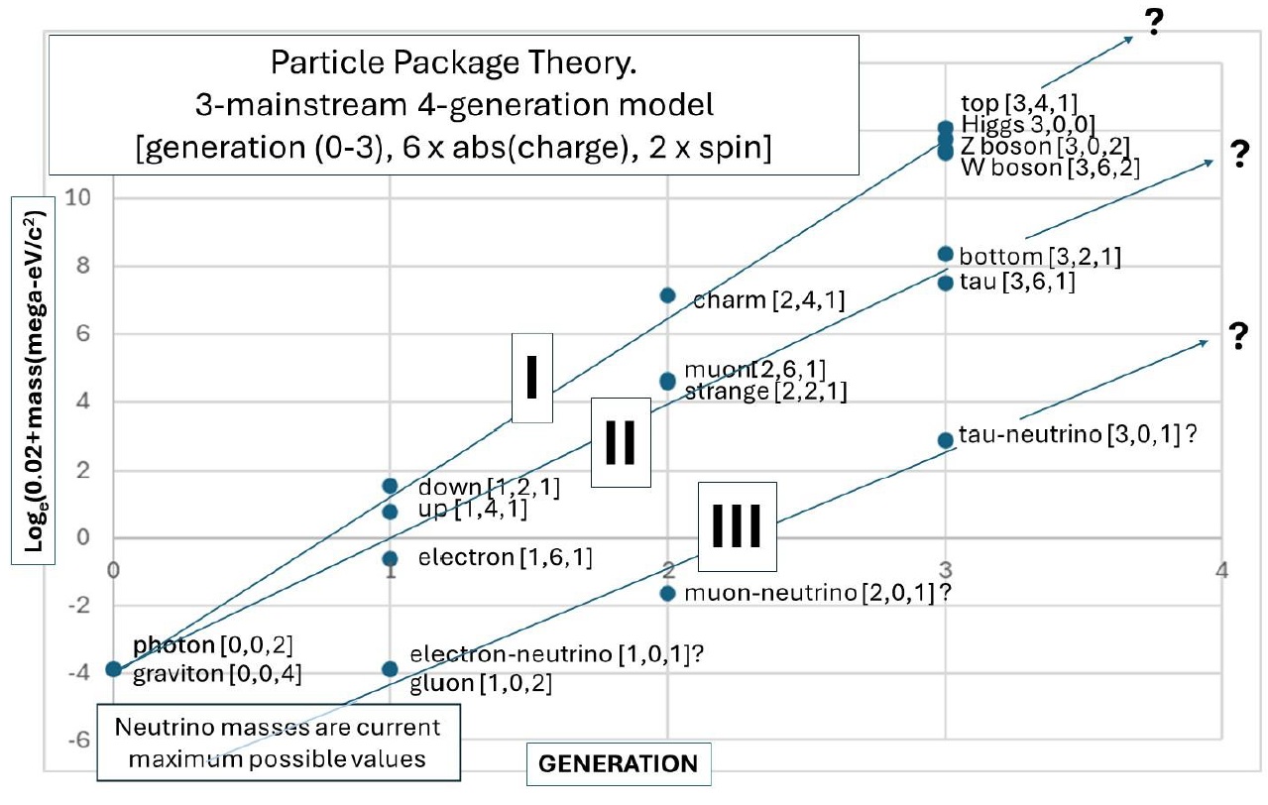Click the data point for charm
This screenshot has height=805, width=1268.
pyautogui.click(x=667, y=295)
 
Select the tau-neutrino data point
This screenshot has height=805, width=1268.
pyautogui.click(x=945, y=439)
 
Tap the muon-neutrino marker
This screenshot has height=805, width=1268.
pyautogui.click(x=667, y=593)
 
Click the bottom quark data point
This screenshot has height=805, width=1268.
pyautogui.click(x=945, y=254)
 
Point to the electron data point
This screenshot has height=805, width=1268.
pyautogui.click(x=391, y=558)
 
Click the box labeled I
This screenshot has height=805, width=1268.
pyautogui.click(x=531, y=379)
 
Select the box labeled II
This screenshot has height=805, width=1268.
pyautogui.click(x=620, y=442)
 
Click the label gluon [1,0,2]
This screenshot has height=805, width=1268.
pyautogui.click(x=480, y=683)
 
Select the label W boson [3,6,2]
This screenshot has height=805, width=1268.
pyautogui.click(x=1049, y=167)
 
